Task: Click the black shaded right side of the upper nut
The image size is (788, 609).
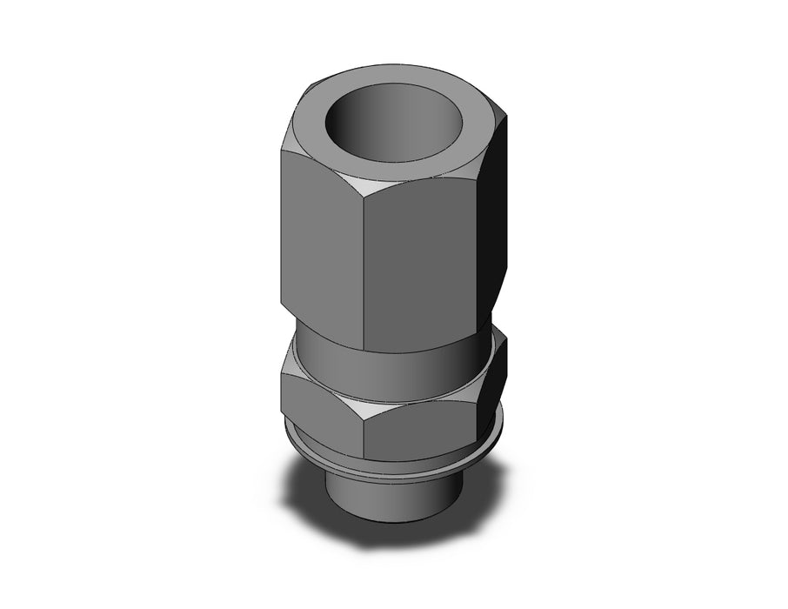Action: tap(496, 226)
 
